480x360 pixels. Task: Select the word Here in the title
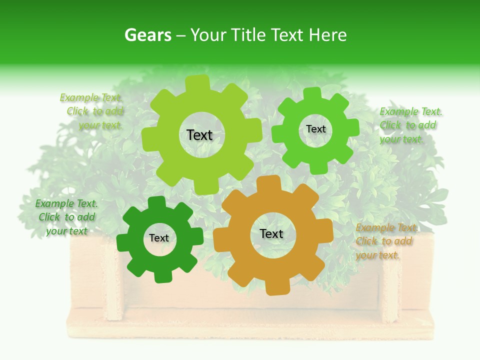[327, 35]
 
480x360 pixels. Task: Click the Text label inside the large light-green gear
[199, 135]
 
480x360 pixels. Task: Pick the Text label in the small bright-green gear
[315, 129]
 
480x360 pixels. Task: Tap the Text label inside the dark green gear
[159, 238]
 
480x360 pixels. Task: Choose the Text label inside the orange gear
[271, 233]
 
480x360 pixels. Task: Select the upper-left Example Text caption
[93, 111]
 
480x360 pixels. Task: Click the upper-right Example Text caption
[410, 125]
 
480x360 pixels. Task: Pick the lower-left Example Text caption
[66, 217]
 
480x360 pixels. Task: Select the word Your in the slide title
[207, 35]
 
